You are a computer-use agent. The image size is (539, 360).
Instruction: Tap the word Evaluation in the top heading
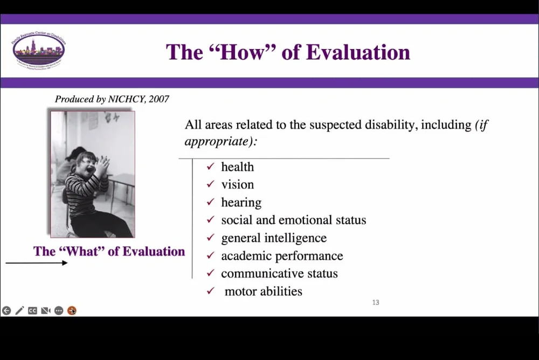[358, 52]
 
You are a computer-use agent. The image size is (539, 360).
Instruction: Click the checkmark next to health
[211, 167]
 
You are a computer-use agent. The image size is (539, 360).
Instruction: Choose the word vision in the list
[237, 185]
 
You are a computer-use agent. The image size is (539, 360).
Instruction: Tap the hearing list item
[241, 203]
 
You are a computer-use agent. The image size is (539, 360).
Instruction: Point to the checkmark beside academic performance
[211, 256]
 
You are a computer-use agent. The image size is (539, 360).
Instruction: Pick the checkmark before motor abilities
[211, 292]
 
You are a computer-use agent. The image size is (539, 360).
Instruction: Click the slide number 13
[376, 303]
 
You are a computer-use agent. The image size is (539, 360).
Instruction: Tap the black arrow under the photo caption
[37, 263]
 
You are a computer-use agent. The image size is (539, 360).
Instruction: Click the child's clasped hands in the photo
[103, 163]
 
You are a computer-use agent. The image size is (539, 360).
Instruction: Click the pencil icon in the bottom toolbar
[19, 310]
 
